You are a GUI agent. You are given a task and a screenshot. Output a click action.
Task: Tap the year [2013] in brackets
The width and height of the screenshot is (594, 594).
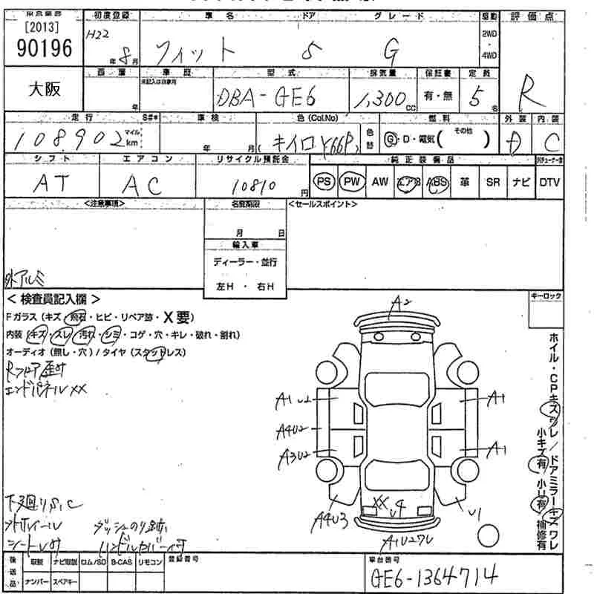coord(41,29)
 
